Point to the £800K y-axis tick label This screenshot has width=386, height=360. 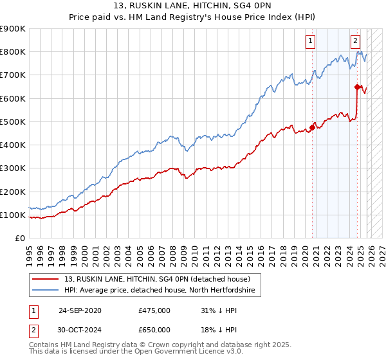[x=13, y=52]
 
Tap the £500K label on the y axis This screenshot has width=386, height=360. [x=13, y=122]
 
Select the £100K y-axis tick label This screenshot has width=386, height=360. [x=13, y=215]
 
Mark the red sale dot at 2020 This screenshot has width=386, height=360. [x=313, y=127]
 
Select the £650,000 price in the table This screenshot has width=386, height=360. [x=154, y=329]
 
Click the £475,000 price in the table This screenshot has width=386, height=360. [x=154, y=310]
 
